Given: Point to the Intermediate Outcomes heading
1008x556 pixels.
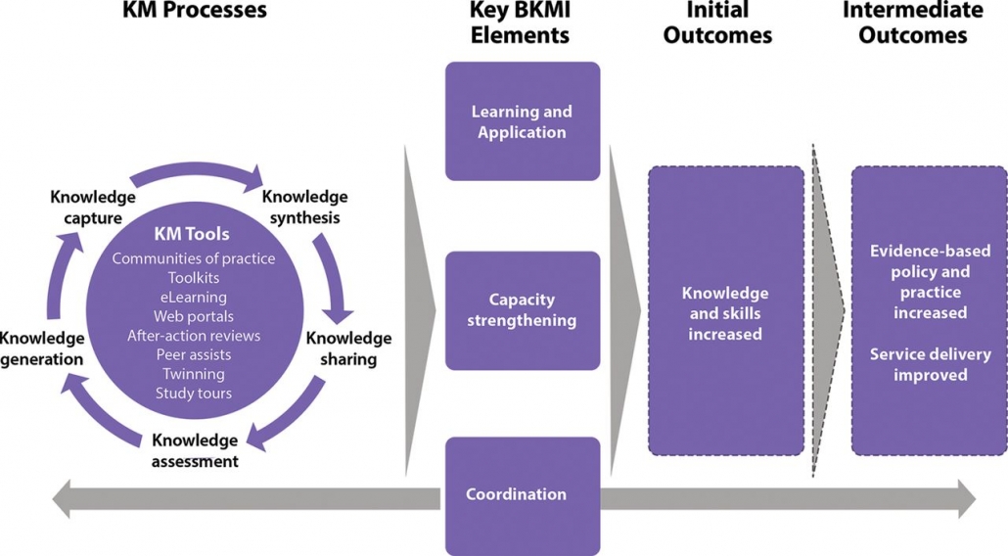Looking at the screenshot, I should [912, 23].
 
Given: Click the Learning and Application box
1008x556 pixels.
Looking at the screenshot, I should [522, 121].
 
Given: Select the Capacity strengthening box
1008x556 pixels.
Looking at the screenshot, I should [522, 309].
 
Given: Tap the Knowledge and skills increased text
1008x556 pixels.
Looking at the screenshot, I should [725, 313].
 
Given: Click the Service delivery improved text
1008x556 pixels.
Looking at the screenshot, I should [931, 364].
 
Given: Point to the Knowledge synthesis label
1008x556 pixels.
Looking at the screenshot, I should [304, 207].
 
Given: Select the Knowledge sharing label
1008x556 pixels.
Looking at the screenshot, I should [348, 348].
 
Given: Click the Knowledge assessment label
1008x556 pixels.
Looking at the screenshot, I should [195, 450].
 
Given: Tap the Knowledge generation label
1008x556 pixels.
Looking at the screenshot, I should [41, 348].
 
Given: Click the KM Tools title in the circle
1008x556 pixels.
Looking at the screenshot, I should [192, 234].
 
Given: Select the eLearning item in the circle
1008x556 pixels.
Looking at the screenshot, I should [191, 297].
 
